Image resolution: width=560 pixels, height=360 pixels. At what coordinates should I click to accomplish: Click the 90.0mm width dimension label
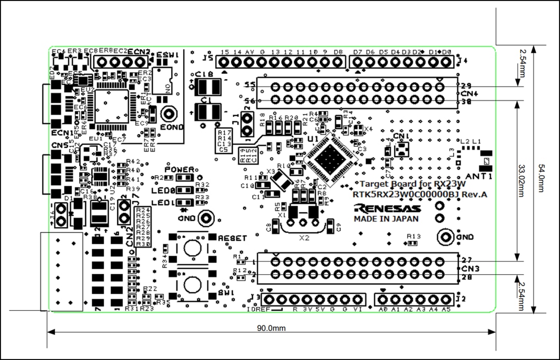pyautogui.click(x=271, y=328)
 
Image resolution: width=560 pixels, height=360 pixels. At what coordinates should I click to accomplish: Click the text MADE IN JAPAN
pyautogui.click(x=386, y=219)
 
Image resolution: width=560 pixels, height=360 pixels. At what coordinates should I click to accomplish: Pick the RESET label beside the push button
pyautogui.click(x=232, y=238)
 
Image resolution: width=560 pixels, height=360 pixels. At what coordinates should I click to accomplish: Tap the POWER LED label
pyautogui.click(x=179, y=170)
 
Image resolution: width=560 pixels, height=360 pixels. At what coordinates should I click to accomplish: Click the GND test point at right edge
pyautogui.click(x=444, y=237)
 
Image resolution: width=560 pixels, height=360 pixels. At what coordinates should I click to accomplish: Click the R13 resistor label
pyautogui.click(x=414, y=237)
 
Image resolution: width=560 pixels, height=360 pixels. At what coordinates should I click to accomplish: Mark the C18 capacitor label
pyautogui.click(x=204, y=75)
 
